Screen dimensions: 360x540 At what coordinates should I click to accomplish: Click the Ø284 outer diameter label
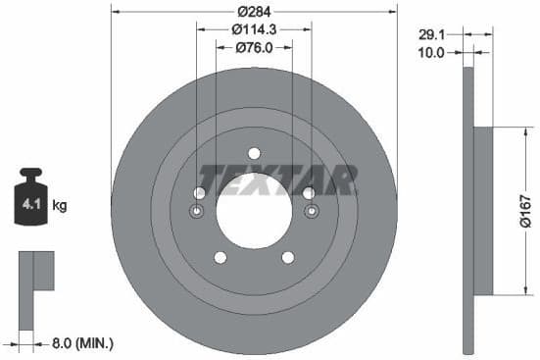click(x=254, y=12)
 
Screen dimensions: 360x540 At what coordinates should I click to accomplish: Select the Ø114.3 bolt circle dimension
click(x=254, y=30)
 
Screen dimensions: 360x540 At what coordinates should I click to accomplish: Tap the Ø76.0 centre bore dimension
click(x=254, y=49)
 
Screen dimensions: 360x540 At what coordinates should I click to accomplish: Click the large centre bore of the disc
click(x=254, y=210)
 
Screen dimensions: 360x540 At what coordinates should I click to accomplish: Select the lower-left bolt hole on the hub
click(x=221, y=257)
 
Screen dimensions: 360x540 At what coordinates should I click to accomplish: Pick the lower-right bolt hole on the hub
click(x=288, y=257)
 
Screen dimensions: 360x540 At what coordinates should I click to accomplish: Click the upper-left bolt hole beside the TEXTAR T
click(x=200, y=192)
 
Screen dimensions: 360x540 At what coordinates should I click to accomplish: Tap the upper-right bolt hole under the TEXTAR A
click(x=309, y=192)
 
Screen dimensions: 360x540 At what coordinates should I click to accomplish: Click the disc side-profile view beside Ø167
click(x=472, y=210)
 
